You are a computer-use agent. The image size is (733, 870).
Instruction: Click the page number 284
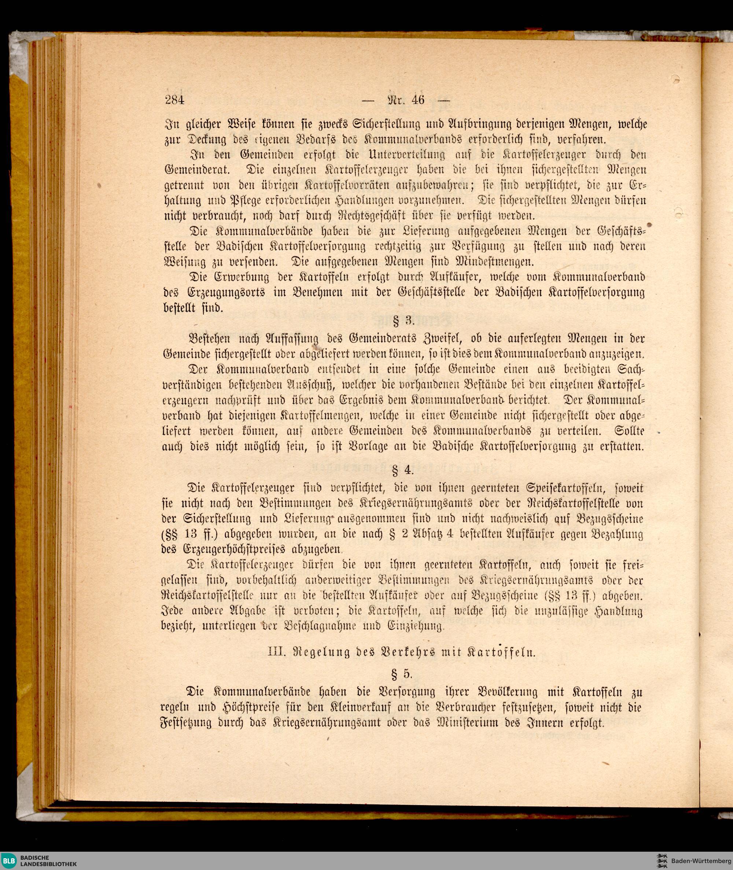[174, 100]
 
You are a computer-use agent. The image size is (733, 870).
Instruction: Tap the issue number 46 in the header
[417, 100]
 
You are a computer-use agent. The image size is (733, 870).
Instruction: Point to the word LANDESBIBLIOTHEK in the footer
[49, 864]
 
